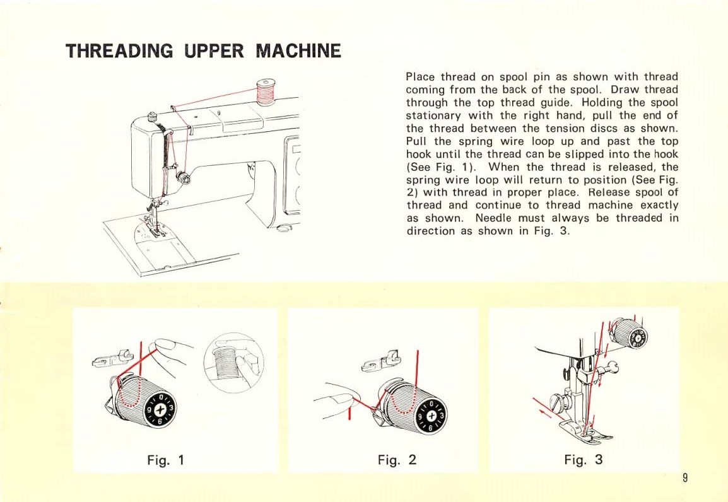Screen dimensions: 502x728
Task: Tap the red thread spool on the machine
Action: click(x=266, y=91)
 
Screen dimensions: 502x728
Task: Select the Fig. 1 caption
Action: click(x=165, y=459)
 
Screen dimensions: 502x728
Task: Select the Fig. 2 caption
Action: click(x=397, y=459)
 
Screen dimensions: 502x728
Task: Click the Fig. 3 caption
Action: click(x=584, y=459)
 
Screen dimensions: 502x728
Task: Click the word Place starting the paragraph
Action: click(x=420, y=77)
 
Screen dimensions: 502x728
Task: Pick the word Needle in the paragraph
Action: click(x=496, y=218)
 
